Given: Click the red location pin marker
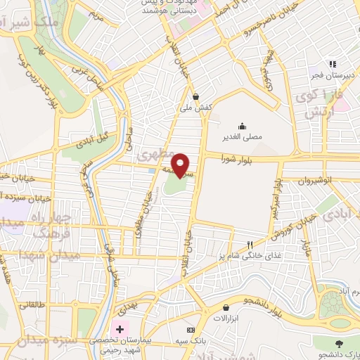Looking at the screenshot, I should point(181,165).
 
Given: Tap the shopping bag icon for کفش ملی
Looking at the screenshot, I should point(195,97).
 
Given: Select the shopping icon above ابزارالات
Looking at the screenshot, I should point(226,307).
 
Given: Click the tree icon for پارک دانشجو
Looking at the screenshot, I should point(340,342).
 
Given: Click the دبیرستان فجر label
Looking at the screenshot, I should point(336,74).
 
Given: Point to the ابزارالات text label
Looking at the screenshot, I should point(226,319).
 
